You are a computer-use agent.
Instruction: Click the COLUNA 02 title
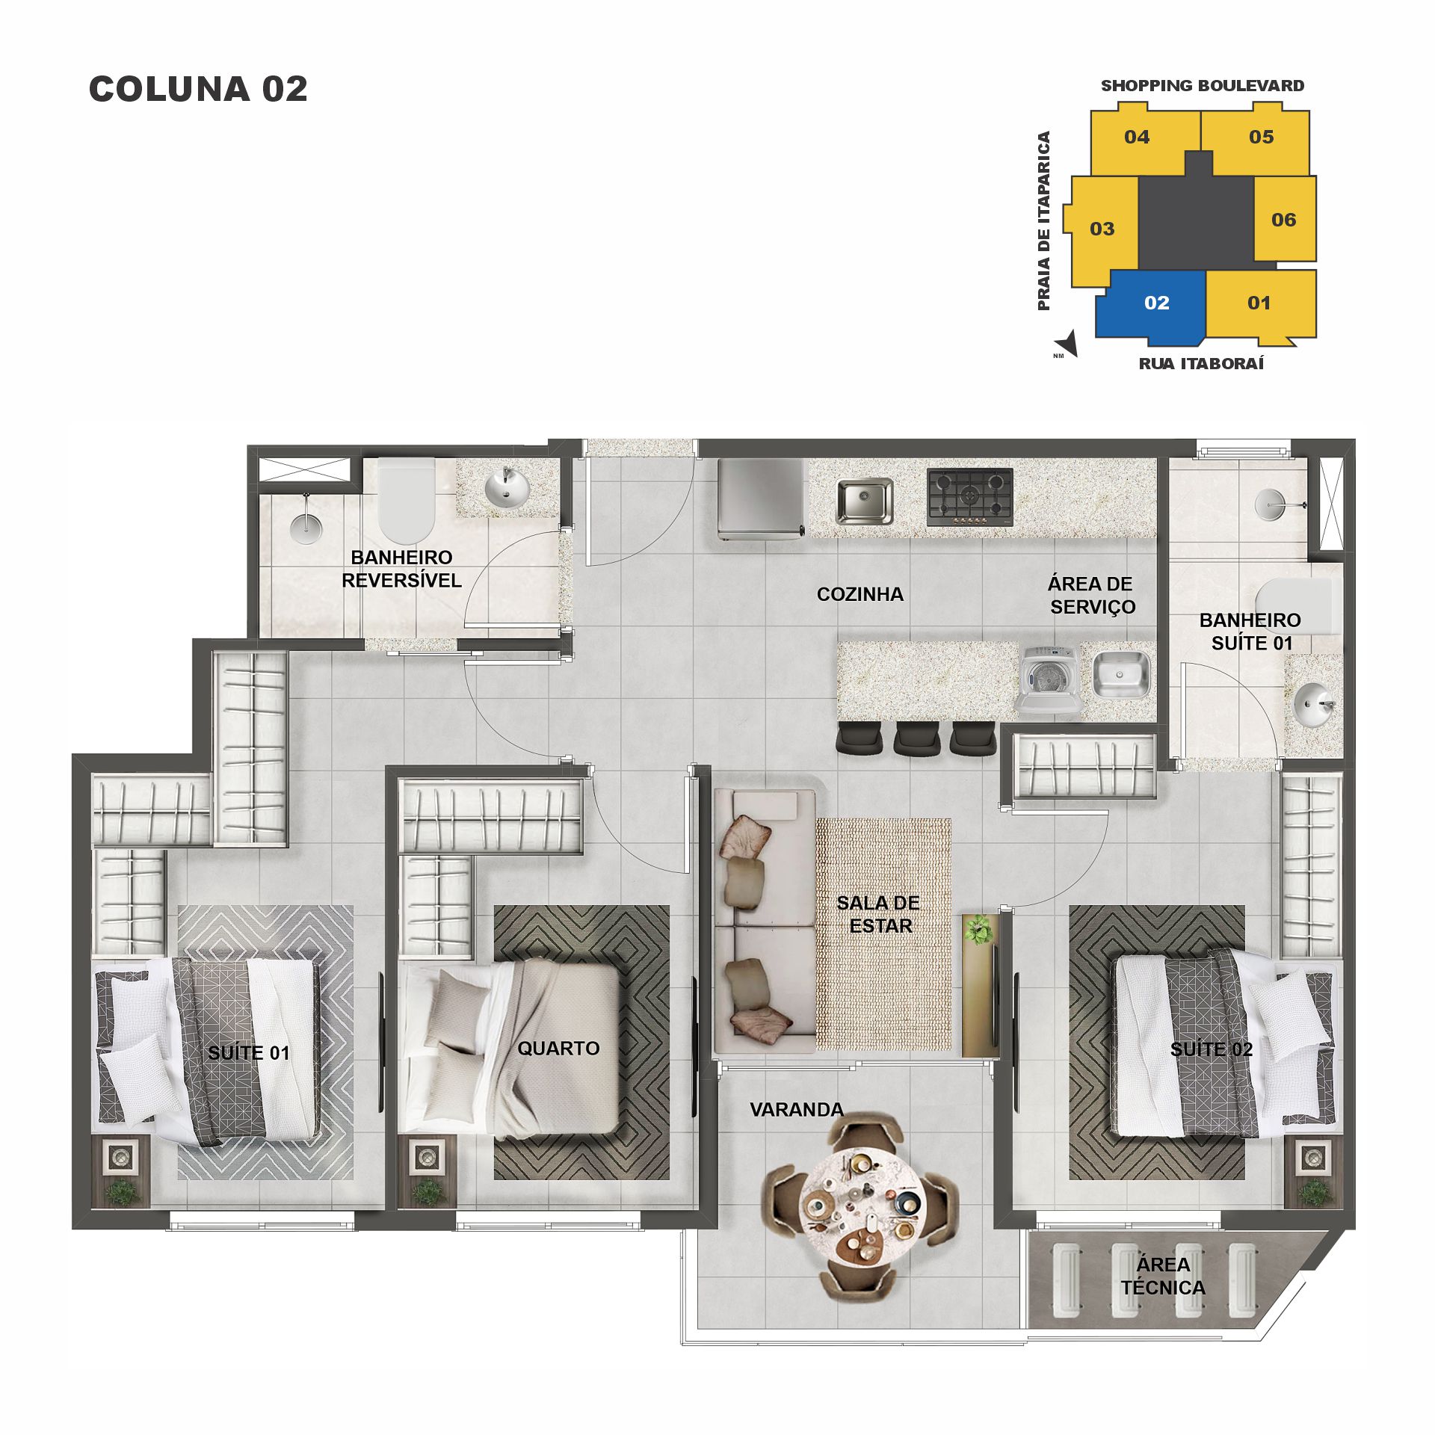pos(198,89)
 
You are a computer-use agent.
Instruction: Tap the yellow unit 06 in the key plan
pos(1284,219)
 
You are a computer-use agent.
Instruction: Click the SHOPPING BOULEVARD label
pos(1202,85)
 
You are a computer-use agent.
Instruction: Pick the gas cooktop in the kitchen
pos(970,496)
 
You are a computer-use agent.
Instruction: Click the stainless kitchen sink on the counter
pos(865,500)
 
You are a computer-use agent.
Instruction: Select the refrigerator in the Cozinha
pos(761,498)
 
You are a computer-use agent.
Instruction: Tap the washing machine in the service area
pos(1049,679)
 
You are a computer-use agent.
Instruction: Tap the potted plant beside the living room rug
pos(978,930)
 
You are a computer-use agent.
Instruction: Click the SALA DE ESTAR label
pos(880,913)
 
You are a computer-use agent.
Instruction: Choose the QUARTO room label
pos(558,1048)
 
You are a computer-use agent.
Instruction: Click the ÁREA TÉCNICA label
pos(1163,1276)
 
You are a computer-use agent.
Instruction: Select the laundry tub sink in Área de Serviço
pos(1120,673)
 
